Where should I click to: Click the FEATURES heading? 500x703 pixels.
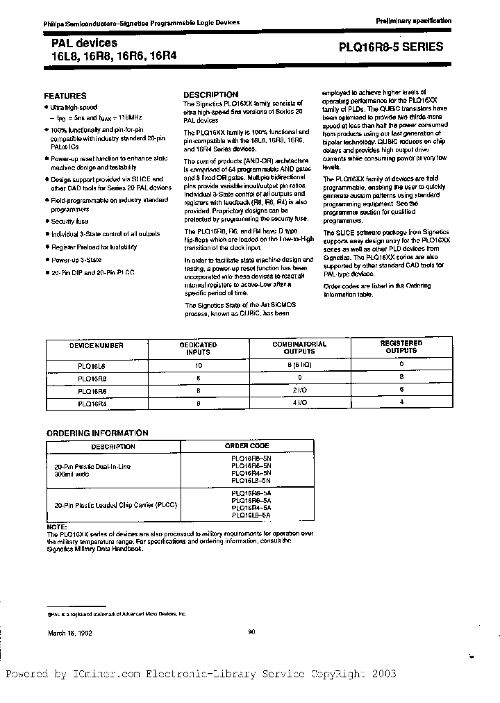[x=65, y=96]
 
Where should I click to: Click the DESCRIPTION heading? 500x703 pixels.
[x=210, y=94]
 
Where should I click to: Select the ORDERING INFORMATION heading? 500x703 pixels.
[x=97, y=433]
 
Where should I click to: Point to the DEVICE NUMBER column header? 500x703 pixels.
[x=97, y=345]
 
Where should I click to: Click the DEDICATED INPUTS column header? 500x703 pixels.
[x=199, y=348]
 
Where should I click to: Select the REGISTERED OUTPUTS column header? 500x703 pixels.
[x=401, y=347]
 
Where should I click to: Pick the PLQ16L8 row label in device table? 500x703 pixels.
[x=92, y=365]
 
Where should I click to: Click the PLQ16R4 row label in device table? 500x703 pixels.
[x=92, y=402]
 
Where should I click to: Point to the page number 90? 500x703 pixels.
[x=251, y=631]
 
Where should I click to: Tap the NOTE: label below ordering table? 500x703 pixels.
[x=56, y=527]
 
